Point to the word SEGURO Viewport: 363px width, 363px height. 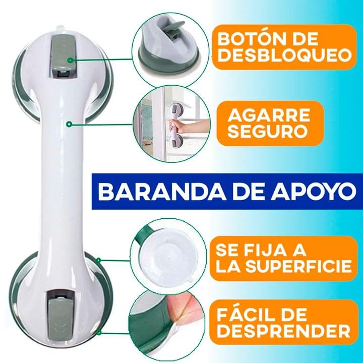pyautogui.click(x=267, y=131)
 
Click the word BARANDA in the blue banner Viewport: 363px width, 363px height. pyautogui.click(x=162, y=192)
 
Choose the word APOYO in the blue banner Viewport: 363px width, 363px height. pyautogui.click(x=314, y=192)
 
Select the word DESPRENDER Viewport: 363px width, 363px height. pyautogui.click(x=283, y=330)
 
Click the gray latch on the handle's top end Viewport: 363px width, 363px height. pyautogui.click(x=63, y=56)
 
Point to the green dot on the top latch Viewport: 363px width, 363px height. pyautogui.click(x=70, y=60)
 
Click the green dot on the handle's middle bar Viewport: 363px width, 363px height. pyautogui.click(x=69, y=125)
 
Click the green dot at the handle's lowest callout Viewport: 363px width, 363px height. pyautogui.click(x=99, y=333)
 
